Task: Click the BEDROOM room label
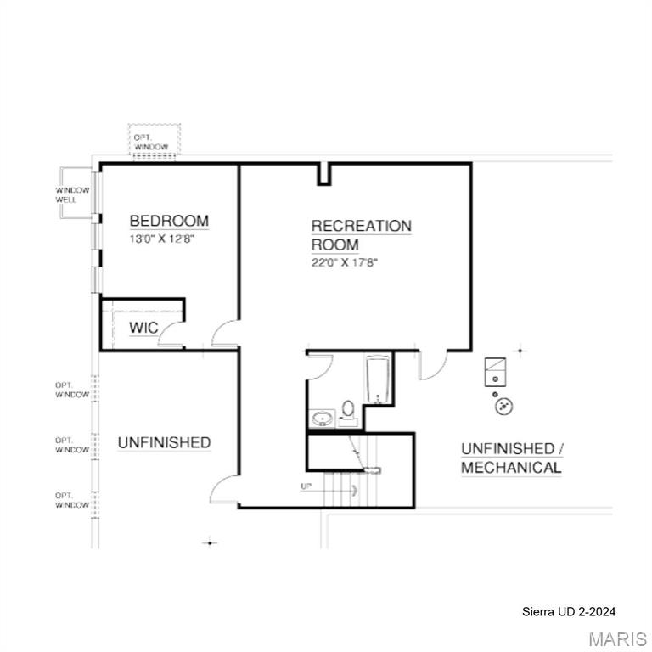point(169,222)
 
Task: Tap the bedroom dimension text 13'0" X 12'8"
point(169,239)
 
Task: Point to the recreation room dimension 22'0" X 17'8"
point(344,263)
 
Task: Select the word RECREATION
point(362,226)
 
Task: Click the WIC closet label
point(143,328)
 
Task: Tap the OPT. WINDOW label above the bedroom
point(154,142)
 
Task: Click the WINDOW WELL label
point(72,194)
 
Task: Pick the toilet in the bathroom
point(348,411)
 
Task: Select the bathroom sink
point(322,418)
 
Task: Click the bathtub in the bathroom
point(377,379)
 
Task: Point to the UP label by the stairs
point(306,486)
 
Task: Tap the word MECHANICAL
point(511,467)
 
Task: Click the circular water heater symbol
point(504,407)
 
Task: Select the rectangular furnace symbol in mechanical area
point(495,371)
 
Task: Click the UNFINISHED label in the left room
point(164,442)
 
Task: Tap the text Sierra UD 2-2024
point(569,611)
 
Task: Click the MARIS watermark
point(617,638)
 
